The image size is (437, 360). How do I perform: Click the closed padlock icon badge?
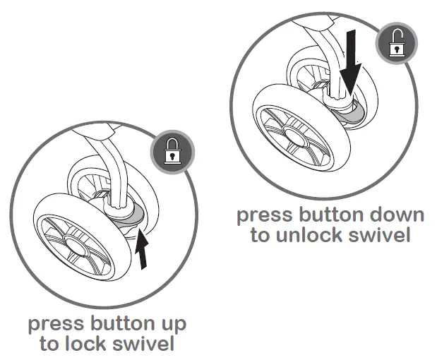(169, 151)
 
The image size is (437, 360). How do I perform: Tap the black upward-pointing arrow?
(143, 251)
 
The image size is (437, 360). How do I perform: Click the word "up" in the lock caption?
(171, 325)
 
